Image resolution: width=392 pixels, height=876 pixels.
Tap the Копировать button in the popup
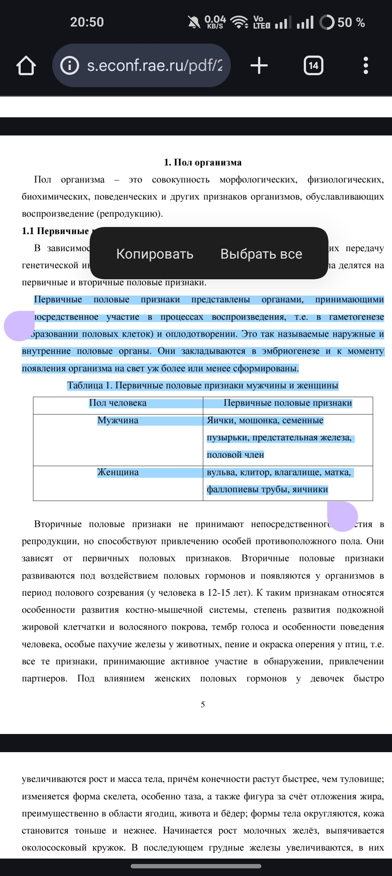pyautogui.click(x=155, y=254)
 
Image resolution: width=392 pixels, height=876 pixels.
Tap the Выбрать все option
pyautogui.click(x=261, y=254)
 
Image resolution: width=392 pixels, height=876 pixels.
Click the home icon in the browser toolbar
pyautogui.click(x=26, y=66)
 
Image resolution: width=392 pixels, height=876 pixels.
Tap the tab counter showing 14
pyautogui.click(x=313, y=66)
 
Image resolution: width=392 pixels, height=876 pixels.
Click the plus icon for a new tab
pyautogui.click(x=259, y=66)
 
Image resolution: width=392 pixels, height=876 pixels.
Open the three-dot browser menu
pyautogui.click(x=366, y=66)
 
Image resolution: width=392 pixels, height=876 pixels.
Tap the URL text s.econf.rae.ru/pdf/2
pyautogui.click(x=155, y=66)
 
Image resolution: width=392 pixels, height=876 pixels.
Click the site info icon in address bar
pyautogui.click(x=69, y=66)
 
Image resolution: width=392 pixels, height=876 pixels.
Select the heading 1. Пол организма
pyautogui.click(x=203, y=162)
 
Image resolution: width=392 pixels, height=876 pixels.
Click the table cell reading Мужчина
pyautogui.click(x=118, y=421)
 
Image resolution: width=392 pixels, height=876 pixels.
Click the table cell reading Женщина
pyautogui.click(x=118, y=473)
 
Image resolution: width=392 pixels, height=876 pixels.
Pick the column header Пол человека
pyautogui.click(x=118, y=403)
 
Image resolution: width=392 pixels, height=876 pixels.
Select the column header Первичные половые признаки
pyautogui.click(x=287, y=403)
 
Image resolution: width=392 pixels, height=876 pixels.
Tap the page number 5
pyautogui.click(x=203, y=705)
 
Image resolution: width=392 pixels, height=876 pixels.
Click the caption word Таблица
pyautogui.click(x=85, y=386)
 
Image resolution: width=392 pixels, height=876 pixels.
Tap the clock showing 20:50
pyautogui.click(x=87, y=22)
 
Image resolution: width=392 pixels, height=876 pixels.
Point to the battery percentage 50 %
pyautogui.click(x=351, y=23)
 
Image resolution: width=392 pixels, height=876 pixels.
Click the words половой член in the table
pyautogui.click(x=235, y=455)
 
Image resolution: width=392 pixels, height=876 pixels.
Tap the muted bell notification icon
pyautogui.click(x=194, y=23)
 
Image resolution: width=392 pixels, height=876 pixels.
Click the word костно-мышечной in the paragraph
pyautogui.click(x=164, y=610)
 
